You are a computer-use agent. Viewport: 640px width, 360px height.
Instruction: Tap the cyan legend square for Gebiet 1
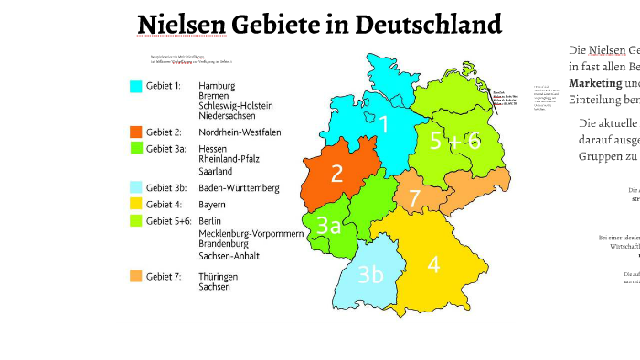click(x=136, y=87)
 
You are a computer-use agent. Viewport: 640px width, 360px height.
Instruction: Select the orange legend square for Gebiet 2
click(x=136, y=132)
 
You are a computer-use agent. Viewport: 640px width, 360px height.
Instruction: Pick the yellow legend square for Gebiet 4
click(x=136, y=204)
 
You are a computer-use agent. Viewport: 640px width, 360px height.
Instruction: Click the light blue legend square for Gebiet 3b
click(x=136, y=187)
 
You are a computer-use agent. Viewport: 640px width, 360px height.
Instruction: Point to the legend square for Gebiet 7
click(x=136, y=276)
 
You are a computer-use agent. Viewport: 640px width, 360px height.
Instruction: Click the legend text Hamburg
click(x=217, y=86)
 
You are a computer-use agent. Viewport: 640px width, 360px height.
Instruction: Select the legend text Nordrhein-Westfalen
click(x=240, y=132)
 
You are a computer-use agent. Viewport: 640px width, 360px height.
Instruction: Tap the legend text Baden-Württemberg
click(x=239, y=188)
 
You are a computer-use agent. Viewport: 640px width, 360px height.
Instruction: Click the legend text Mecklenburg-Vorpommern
click(x=251, y=234)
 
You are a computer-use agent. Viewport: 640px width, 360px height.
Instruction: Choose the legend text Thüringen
click(x=219, y=276)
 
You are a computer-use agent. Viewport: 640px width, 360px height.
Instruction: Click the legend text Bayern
click(x=212, y=205)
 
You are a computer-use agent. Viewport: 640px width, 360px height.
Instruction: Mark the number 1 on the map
click(x=384, y=124)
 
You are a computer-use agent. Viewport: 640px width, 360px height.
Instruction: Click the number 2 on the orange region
click(x=336, y=174)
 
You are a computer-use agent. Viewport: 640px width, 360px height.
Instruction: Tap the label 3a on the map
click(x=328, y=226)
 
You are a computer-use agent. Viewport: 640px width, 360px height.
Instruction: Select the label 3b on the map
click(x=369, y=274)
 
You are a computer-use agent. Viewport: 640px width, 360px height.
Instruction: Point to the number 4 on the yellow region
click(x=433, y=265)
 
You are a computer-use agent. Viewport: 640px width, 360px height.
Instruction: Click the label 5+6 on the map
click(x=454, y=142)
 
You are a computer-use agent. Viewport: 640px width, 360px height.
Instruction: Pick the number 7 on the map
click(x=414, y=198)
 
